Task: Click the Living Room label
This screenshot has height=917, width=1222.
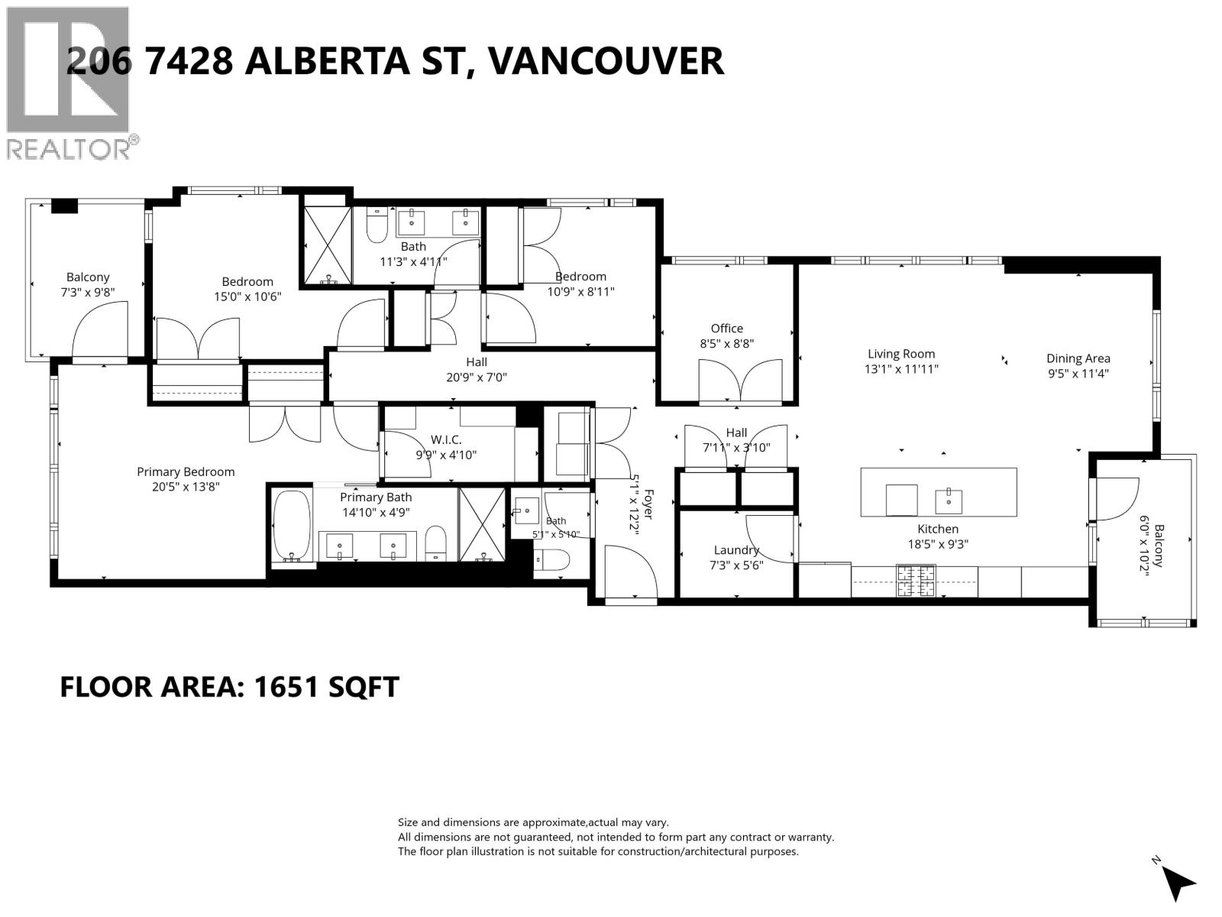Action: click(900, 354)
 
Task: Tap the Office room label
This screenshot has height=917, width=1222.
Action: click(726, 329)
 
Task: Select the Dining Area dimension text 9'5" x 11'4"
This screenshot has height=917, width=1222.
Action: click(1078, 374)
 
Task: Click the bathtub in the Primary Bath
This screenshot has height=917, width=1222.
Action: click(292, 526)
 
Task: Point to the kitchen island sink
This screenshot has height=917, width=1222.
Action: click(948, 501)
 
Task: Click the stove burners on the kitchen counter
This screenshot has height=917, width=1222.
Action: click(915, 581)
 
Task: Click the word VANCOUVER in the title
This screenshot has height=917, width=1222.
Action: click(606, 60)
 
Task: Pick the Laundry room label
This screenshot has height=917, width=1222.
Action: click(736, 550)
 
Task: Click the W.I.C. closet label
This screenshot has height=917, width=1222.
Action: click(445, 440)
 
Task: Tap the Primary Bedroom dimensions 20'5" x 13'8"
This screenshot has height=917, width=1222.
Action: click(186, 488)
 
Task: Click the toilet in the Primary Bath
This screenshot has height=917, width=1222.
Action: click(436, 543)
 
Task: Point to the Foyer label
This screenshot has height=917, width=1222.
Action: click(648, 504)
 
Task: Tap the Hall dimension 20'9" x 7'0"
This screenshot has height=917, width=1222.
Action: click(477, 377)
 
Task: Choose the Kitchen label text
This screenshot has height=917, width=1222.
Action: click(938, 529)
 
